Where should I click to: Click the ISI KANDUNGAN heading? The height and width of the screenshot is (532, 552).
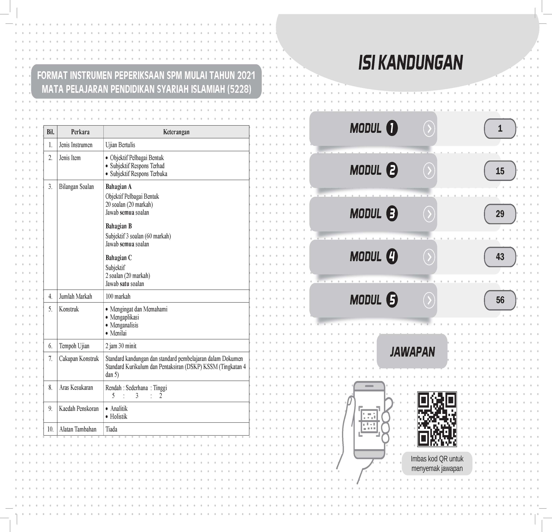[410, 63]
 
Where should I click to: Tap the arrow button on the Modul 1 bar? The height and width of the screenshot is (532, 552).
[429, 129]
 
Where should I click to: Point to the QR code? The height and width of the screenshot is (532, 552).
[437, 419]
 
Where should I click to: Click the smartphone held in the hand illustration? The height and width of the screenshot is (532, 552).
[369, 420]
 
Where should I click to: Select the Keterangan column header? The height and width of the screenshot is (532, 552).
[176, 132]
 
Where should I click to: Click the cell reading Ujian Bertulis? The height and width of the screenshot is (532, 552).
[120, 145]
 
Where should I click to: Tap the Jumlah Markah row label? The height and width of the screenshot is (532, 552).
[75, 296]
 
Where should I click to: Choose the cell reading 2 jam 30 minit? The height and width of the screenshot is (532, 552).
[121, 346]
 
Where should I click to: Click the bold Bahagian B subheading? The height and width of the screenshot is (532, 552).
[119, 226]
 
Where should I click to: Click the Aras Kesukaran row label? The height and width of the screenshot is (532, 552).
[76, 387]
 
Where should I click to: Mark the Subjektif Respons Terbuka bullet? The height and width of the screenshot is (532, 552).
[139, 174]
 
